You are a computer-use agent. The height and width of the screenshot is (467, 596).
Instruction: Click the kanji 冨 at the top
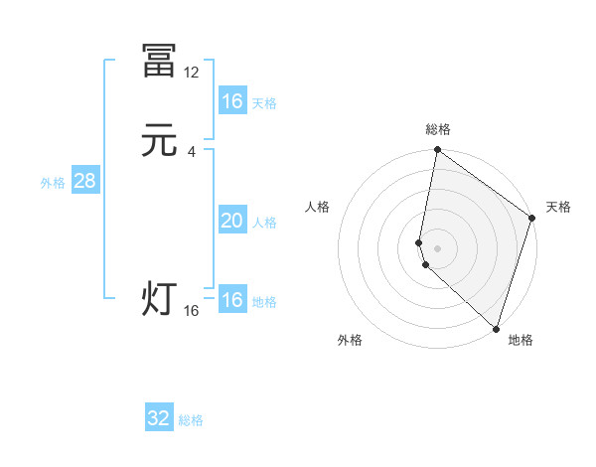(159, 62)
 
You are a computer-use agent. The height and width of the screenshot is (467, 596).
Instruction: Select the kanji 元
(159, 141)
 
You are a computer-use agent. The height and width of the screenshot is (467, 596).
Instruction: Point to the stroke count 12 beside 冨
(192, 72)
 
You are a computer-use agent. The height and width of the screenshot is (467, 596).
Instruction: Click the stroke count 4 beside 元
(192, 151)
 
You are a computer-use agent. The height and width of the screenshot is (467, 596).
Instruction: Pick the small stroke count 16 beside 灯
(192, 311)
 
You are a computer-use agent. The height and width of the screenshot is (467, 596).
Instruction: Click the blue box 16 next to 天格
(231, 101)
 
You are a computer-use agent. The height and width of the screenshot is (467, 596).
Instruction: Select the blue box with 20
(231, 221)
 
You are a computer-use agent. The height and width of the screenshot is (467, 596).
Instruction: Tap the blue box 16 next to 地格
(231, 300)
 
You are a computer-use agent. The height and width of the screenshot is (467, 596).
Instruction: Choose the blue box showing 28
(84, 181)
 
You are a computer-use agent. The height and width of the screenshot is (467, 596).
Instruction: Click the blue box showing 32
(159, 418)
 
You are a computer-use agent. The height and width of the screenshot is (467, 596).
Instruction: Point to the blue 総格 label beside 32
(191, 420)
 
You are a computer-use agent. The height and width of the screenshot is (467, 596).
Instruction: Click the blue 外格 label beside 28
(53, 183)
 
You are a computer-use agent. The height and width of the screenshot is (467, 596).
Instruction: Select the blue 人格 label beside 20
(264, 223)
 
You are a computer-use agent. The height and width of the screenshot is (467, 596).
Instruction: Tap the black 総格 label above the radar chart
(438, 129)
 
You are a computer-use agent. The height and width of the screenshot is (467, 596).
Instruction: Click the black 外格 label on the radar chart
(350, 340)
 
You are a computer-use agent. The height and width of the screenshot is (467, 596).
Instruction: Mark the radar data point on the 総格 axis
(437, 151)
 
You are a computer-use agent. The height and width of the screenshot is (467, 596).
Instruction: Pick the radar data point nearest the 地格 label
(496, 328)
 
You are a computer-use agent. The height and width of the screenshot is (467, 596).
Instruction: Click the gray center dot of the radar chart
(437, 247)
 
